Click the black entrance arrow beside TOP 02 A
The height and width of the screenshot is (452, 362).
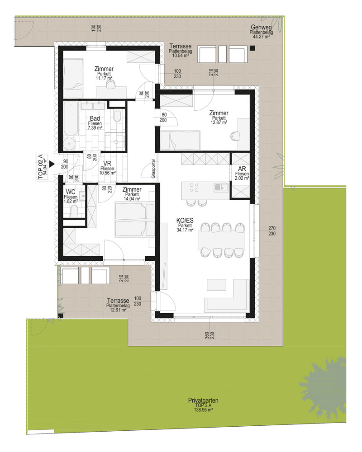click(x=52, y=165)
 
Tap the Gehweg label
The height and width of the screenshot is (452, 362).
click(x=261, y=28)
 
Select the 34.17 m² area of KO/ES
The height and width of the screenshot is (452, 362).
click(x=185, y=230)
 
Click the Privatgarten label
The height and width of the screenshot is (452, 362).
click(x=203, y=400)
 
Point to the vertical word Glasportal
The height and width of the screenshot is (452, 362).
click(x=153, y=169)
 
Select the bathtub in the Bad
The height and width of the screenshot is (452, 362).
click(x=71, y=118)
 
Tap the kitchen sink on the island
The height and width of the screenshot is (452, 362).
click(x=221, y=188)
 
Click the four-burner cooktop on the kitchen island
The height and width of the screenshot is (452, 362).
click(x=194, y=188)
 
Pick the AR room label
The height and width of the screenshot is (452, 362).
click(x=242, y=169)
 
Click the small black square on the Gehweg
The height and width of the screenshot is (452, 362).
click(x=252, y=48)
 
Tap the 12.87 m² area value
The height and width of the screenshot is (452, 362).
click(x=219, y=122)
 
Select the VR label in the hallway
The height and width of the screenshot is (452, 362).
click(x=107, y=164)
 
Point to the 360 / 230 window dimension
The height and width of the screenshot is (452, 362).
click(x=210, y=335)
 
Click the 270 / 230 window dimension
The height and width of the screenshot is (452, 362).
click(x=272, y=231)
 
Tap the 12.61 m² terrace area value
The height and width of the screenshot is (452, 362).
click(x=118, y=310)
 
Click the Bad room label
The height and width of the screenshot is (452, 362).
click(x=95, y=118)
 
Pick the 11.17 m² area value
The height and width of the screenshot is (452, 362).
click(x=104, y=78)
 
